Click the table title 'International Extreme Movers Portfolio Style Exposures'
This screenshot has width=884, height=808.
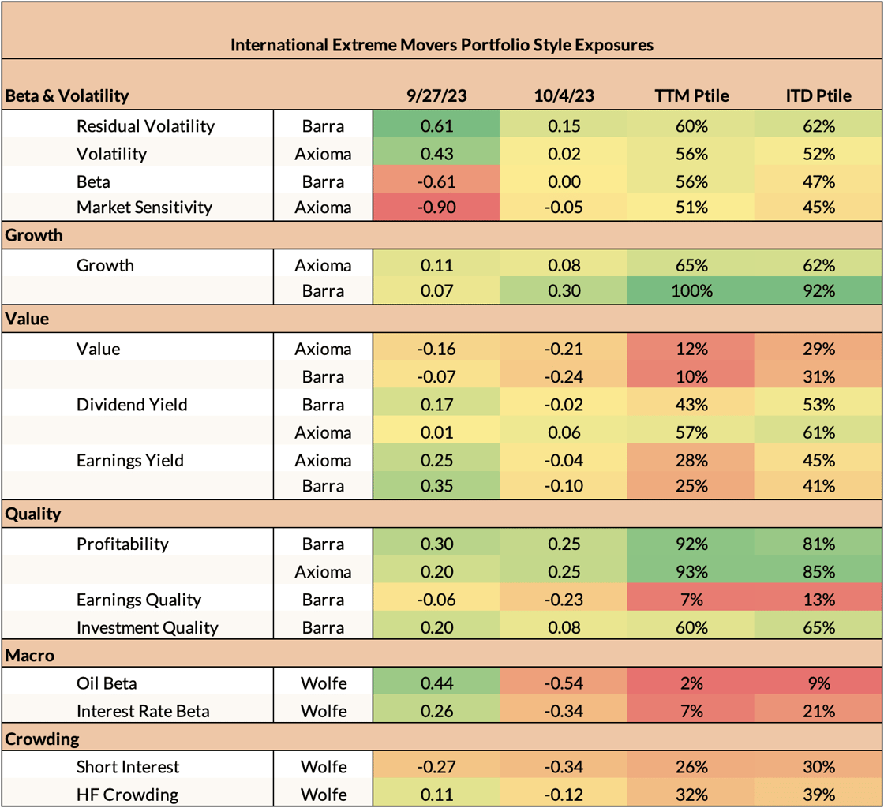coord(441,45)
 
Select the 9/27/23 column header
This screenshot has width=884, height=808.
coord(436,96)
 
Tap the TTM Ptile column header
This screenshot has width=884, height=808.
coord(691,96)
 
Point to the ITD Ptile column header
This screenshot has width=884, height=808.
coord(818,96)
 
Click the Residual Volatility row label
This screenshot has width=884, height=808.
coord(145,125)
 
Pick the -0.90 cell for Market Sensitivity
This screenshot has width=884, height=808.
coord(436,208)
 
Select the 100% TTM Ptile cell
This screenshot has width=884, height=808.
coord(691,290)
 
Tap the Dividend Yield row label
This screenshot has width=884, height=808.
coord(131,405)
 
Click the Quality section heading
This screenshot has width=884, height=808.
coord(33,514)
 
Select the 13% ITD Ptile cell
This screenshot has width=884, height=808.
coord(818,600)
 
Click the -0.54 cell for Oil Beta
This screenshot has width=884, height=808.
coord(564,683)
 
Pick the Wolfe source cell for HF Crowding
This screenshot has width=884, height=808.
coord(324,795)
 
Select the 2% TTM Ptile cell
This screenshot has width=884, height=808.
coord(691,683)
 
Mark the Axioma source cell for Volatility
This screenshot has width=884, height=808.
coord(324,154)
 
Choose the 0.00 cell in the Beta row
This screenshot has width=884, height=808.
coord(564,181)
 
